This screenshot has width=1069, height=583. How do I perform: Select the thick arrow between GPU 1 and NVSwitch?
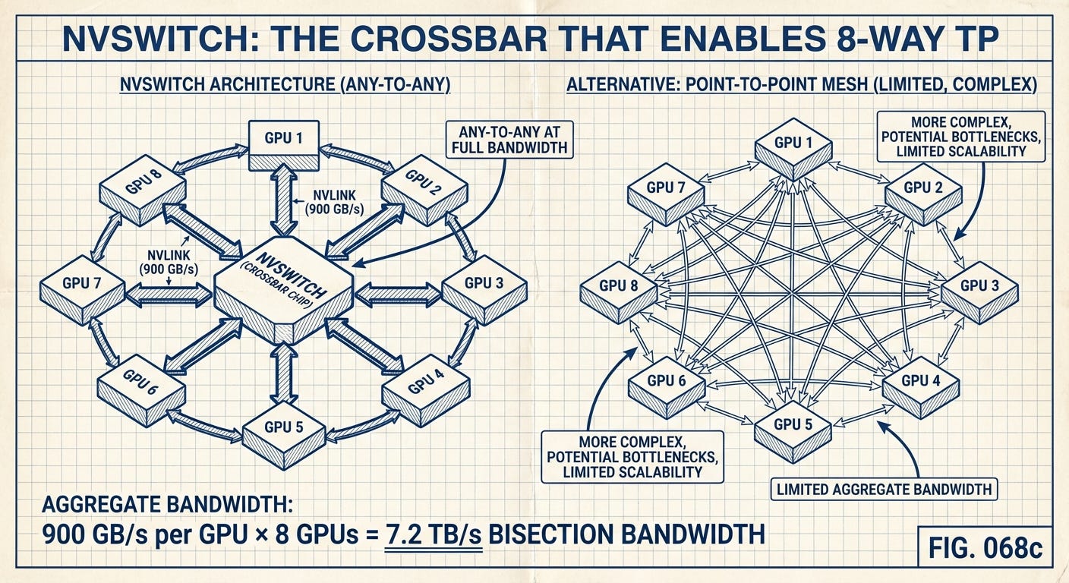(283, 202)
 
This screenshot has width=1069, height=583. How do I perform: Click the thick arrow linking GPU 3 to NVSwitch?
(397, 295)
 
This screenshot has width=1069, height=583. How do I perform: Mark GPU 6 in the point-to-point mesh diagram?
(667, 383)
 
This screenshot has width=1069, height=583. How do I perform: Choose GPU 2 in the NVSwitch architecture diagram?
(424, 187)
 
